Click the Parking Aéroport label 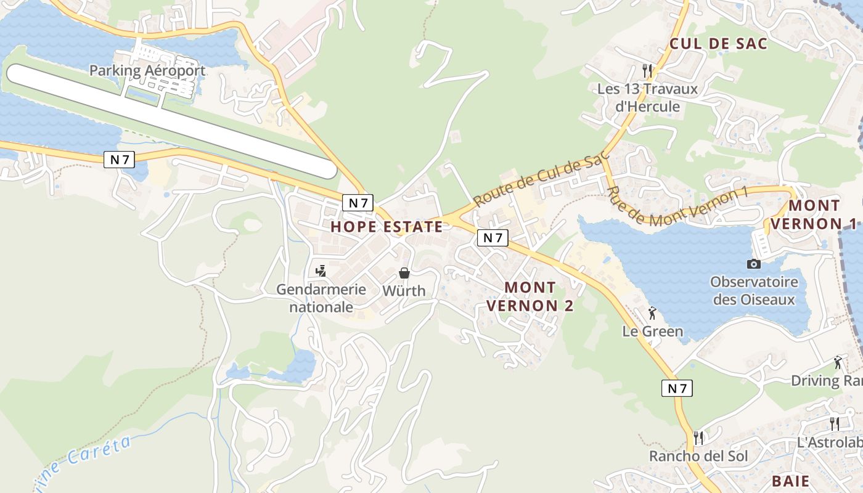click(x=147, y=70)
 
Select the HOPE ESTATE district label click(x=387, y=226)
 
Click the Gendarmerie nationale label click(x=321, y=298)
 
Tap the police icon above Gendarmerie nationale click(x=321, y=271)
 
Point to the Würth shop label click(x=404, y=290)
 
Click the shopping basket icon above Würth click(x=404, y=272)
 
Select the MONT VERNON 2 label click(x=530, y=296)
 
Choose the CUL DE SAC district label click(x=718, y=43)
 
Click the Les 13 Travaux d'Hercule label click(x=647, y=97)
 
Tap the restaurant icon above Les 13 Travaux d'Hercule click(x=647, y=70)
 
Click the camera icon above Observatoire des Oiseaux click(x=753, y=264)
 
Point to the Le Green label click(x=652, y=332)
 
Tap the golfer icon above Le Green click(x=652, y=314)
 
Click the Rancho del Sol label click(x=698, y=456)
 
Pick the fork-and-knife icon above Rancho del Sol click(x=698, y=438)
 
